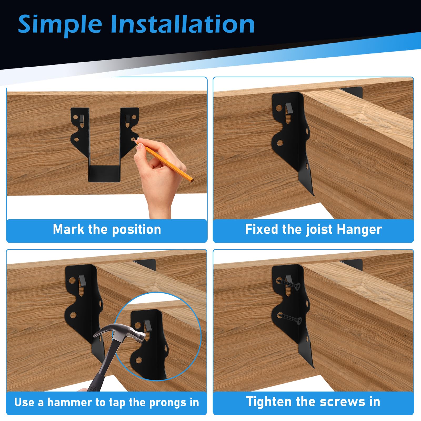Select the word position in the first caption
click(137, 230)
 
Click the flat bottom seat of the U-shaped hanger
click(104, 174)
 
